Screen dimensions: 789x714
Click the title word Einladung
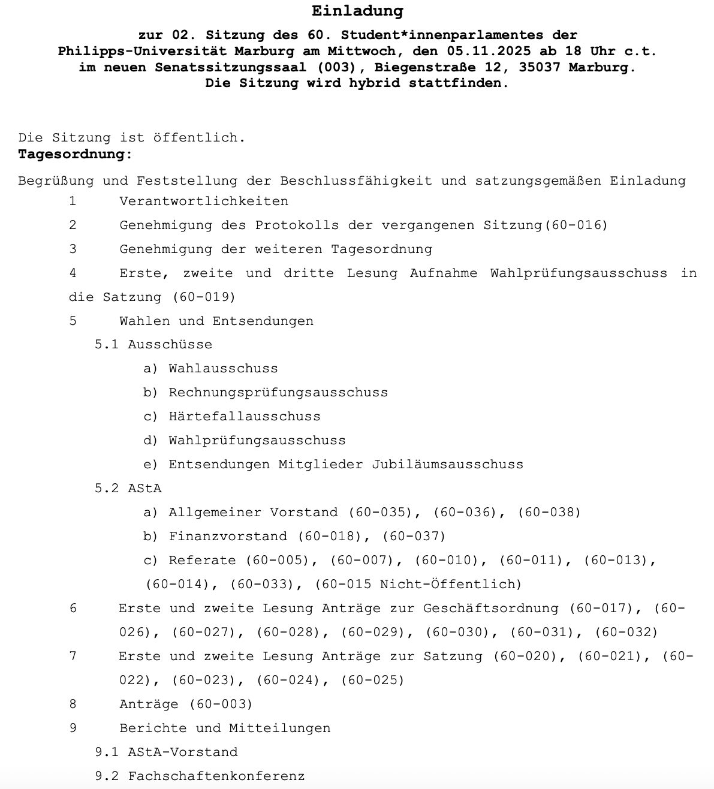tap(357, 11)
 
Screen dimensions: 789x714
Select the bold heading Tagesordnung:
tap(75, 154)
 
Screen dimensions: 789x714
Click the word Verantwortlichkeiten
tap(204, 201)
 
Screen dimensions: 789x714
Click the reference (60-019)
tap(204, 297)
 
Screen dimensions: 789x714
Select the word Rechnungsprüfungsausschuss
tap(278, 392)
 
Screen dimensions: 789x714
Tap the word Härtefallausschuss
tap(245, 416)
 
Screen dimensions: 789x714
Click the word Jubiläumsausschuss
tap(447, 464)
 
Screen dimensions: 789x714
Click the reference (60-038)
tap(549, 512)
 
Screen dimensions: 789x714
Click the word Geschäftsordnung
tap(490, 608)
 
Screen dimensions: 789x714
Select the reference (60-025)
tap(372, 680)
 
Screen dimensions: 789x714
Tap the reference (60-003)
tap(221, 704)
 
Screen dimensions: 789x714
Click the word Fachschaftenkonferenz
tap(216, 776)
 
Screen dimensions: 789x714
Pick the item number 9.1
tap(107, 752)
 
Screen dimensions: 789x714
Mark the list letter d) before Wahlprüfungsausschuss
tap(150, 440)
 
